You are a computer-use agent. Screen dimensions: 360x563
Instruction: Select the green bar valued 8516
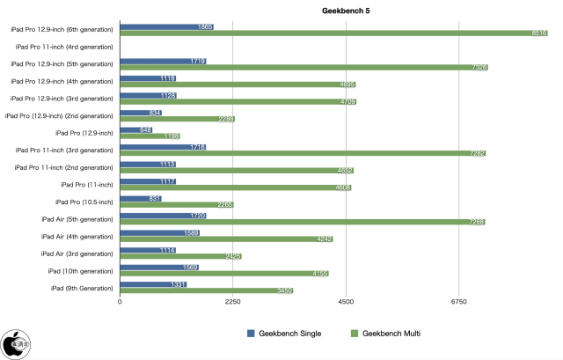(334, 33)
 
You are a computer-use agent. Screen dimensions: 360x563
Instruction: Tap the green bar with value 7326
(303, 67)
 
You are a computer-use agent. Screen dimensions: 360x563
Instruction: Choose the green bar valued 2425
(180, 256)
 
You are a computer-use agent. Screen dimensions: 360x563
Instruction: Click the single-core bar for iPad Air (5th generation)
(163, 215)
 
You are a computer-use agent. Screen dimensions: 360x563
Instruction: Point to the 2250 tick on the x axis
(232, 301)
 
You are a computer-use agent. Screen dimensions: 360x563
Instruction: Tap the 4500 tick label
(346, 301)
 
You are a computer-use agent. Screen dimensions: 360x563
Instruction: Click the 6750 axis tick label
(459, 301)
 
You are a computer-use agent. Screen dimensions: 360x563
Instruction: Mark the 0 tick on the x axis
(120, 301)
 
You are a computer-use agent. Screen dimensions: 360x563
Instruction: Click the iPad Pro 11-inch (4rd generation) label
(62, 46)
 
